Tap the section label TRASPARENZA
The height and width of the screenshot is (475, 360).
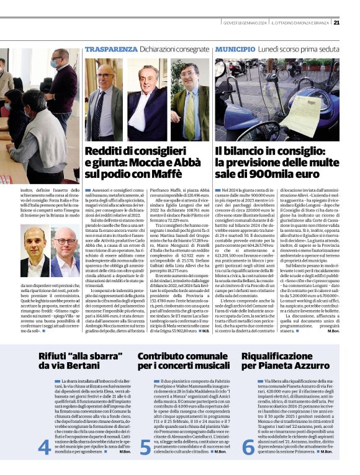(107, 49)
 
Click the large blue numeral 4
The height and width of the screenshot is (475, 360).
(44, 446)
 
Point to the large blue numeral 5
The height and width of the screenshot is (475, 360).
(145, 446)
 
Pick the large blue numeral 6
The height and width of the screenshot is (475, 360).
(248, 446)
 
